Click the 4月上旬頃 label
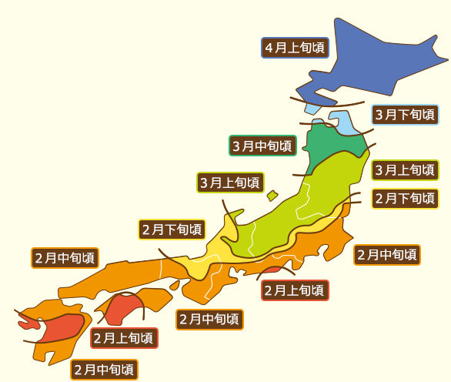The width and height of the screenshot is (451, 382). (x=296, y=48)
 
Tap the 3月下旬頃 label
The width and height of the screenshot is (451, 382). (x=406, y=115)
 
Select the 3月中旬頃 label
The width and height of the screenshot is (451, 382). (x=262, y=145)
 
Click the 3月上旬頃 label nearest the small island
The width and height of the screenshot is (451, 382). (x=230, y=183)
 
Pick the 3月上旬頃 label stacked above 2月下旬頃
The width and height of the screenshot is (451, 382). (x=406, y=169)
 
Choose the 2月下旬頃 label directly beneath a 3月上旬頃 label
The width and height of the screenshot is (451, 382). (x=406, y=198)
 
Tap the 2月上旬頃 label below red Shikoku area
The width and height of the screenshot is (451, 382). (x=124, y=337)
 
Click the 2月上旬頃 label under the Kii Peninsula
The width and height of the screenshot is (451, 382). (x=295, y=290)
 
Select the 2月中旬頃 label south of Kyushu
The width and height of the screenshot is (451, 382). (x=105, y=370)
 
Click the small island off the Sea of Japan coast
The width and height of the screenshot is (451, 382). (x=272, y=196)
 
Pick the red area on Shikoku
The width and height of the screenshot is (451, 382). (x=123, y=308)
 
